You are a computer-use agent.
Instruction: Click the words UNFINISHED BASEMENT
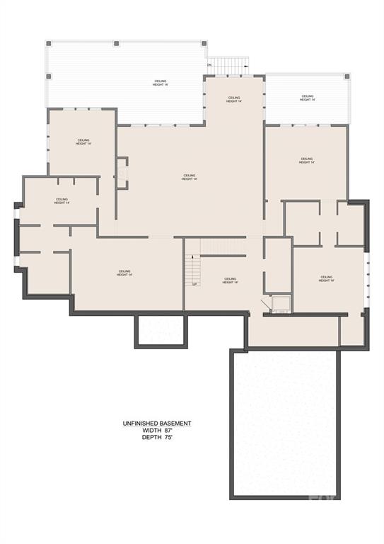pyautogui.click(x=156, y=424)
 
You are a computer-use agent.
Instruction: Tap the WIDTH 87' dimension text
pyautogui.click(x=156, y=431)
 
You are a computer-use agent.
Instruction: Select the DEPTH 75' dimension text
pyautogui.click(x=156, y=438)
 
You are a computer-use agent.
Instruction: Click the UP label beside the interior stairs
pyautogui.click(x=194, y=284)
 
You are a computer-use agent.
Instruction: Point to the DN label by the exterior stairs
pyautogui.click(x=209, y=65)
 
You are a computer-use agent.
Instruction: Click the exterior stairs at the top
pyautogui.click(x=228, y=66)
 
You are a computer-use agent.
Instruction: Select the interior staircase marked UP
pyautogui.click(x=192, y=268)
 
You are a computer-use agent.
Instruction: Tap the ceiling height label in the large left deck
pyautogui.click(x=161, y=83)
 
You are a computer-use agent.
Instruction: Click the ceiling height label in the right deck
pyautogui.click(x=307, y=98)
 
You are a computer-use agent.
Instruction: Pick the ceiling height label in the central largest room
pyautogui.click(x=189, y=177)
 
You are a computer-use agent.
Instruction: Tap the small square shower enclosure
pyautogui.click(x=281, y=303)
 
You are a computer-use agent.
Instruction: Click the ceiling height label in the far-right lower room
pyautogui.click(x=326, y=278)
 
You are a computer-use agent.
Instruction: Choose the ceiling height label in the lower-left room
pyautogui.click(x=124, y=273)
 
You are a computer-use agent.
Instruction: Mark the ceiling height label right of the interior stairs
pyautogui.click(x=229, y=280)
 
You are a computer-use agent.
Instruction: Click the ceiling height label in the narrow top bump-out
pyautogui.click(x=235, y=99)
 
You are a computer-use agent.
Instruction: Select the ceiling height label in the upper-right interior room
pyautogui.click(x=306, y=161)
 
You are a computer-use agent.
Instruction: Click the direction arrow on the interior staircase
pyautogui.click(x=192, y=258)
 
